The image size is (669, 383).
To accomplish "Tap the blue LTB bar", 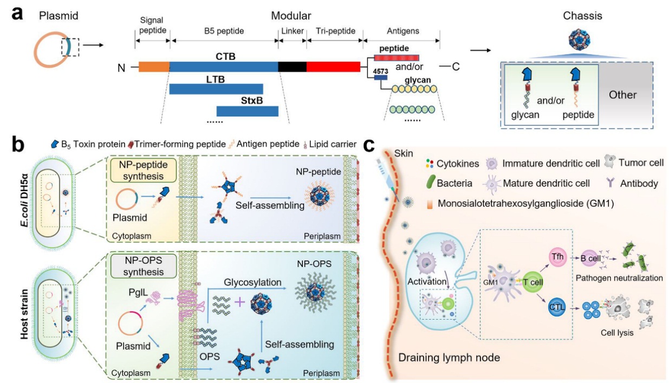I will pyautogui.click(x=216, y=89).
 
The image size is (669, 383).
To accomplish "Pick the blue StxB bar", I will pyautogui.click(x=247, y=111).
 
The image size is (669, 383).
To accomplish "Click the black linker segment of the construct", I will pyautogui.click(x=292, y=67).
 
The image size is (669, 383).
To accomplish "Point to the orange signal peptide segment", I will pyautogui.click(x=154, y=67).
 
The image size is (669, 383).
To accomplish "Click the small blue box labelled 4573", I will pyautogui.click(x=381, y=78).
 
